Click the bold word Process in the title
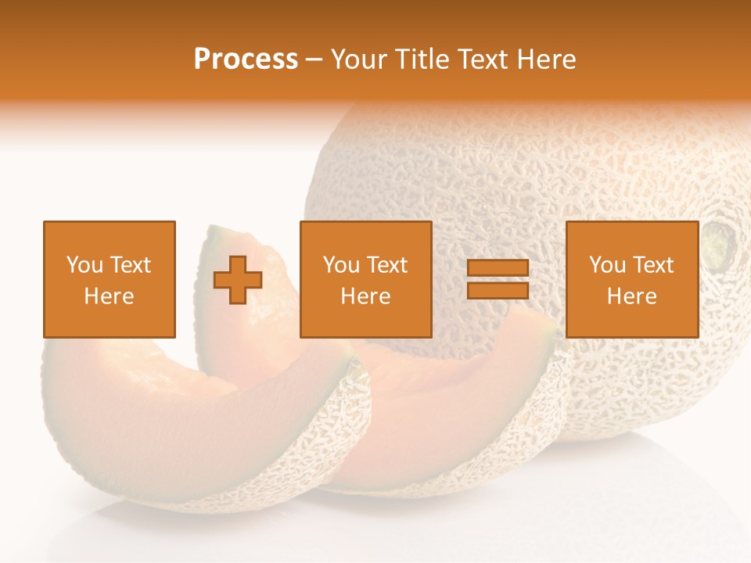246,59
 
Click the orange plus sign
238,280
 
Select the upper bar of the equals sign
498,268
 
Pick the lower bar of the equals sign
498,290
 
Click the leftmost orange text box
110,279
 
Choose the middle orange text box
365,279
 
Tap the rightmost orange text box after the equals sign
631,279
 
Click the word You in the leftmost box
84,265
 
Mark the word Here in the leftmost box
110,296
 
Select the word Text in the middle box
388,265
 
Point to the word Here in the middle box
365,296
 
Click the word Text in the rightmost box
654,265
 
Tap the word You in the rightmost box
607,265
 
